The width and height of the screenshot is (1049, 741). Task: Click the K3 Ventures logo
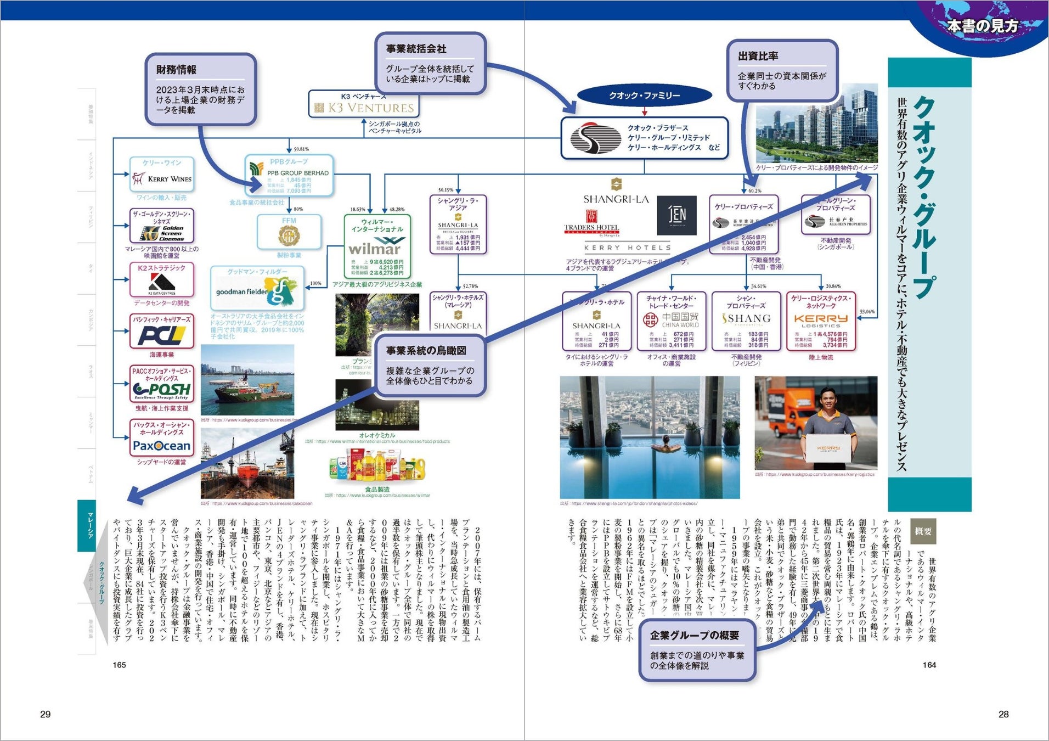(x=364, y=108)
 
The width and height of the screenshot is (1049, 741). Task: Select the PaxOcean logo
(x=161, y=446)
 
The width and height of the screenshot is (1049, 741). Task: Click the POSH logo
(x=161, y=390)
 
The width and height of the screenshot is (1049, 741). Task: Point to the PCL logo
(x=161, y=335)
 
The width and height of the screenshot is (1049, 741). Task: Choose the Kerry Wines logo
(x=162, y=179)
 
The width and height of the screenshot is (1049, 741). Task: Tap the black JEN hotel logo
(x=676, y=215)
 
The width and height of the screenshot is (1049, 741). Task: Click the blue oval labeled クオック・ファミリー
(x=644, y=96)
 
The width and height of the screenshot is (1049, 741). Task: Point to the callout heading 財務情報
(x=176, y=70)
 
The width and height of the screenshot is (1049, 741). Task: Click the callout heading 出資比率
(x=758, y=56)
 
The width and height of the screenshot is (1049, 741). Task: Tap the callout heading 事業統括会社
(x=416, y=49)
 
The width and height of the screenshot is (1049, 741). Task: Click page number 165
(x=119, y=665)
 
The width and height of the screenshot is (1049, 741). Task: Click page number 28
(x=1003, y=714)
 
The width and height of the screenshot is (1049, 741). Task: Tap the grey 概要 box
(x=923, y=531)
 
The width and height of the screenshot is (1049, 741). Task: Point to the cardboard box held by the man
(x=828, y=448)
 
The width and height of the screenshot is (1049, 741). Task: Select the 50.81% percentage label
(x=301, y=149)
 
